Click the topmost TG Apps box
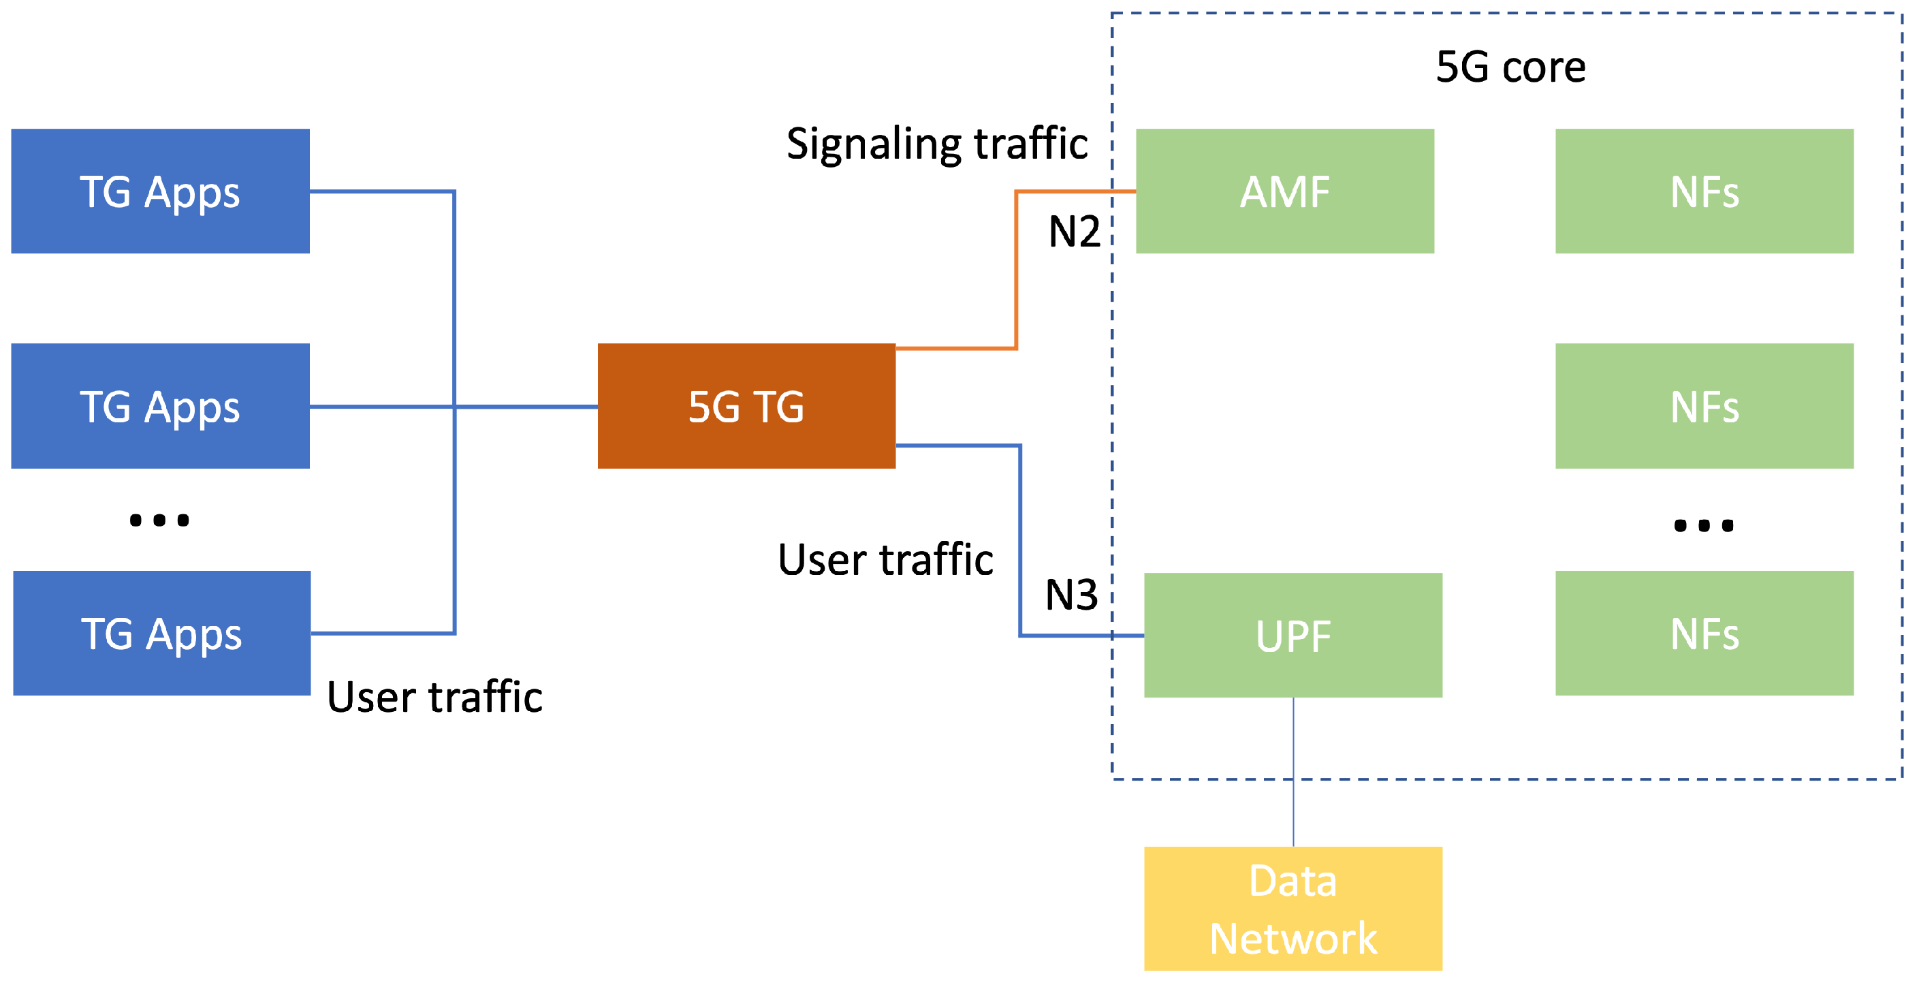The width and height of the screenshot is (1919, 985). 160,191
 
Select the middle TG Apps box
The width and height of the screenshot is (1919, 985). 160,406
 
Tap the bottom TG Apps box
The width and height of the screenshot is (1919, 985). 161,634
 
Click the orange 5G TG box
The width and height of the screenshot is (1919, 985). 746,406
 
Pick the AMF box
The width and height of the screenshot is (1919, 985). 1285,191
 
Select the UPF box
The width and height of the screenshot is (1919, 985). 1293,635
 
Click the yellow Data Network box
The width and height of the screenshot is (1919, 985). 1293,908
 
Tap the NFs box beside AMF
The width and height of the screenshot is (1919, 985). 1704,191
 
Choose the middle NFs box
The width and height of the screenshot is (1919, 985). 1704,406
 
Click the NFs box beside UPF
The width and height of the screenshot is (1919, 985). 1704,634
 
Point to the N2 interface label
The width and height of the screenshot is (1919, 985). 1074,232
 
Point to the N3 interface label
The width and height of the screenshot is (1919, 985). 1071,595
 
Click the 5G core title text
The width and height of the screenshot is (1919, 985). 1511,67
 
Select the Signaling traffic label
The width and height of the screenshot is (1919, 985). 937,143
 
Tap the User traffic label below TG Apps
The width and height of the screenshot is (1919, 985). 435,697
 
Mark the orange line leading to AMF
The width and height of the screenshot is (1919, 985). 1016,268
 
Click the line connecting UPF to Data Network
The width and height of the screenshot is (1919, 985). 1293,771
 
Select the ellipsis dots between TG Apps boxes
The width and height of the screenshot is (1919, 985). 159,520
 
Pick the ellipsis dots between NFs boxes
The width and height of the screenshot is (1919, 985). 1704,526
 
